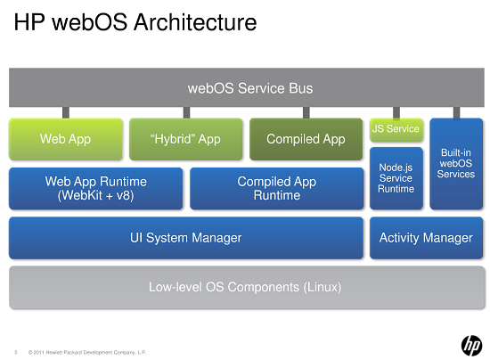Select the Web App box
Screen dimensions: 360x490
coord(65,139)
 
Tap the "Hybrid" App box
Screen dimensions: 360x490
coord(185,139)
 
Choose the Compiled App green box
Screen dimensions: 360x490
coord(306,139)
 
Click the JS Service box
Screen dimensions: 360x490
coord(396,129)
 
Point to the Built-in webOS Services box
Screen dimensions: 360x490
coord(456,164)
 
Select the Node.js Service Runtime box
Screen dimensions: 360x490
coord(396,177)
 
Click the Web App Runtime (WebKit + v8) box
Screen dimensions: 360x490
coord(95,188)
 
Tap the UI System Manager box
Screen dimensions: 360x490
coord(185,238)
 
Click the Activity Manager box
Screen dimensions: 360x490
coord(426,238)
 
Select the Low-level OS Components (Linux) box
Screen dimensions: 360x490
coord(245,287)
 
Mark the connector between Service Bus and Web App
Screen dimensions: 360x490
coord(65,112)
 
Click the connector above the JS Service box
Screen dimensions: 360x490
coord(396,112)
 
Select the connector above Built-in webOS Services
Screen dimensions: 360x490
coord(456,112)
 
